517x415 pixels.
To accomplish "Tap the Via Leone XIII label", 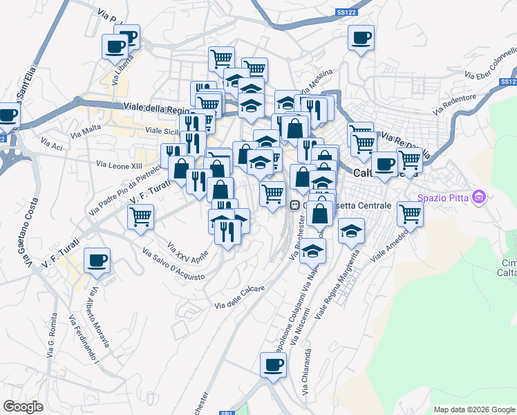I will (120, 165).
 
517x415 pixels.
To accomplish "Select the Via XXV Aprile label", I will (188, 252).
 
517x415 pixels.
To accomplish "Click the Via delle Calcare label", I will (240, 297).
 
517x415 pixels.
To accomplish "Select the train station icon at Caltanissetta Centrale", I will (294, 205).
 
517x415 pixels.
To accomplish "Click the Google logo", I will (23, 407).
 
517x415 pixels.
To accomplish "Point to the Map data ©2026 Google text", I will (473, 409).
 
